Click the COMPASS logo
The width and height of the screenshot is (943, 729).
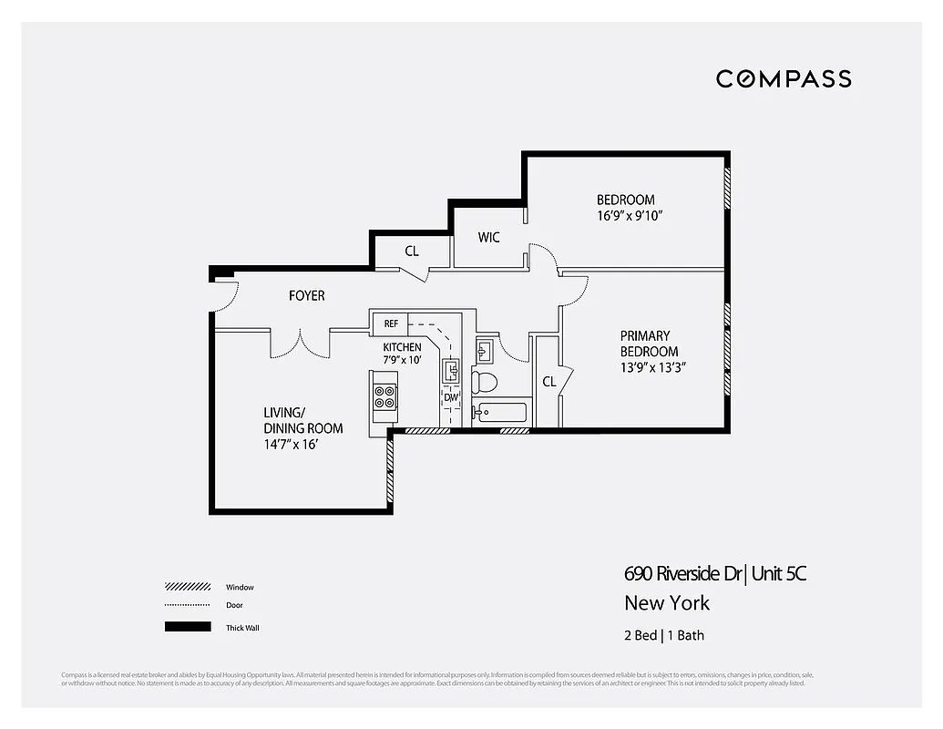coord(784,78)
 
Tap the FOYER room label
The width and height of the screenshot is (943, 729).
coord(306,296)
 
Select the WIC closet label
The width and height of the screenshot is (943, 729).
coord(489,238)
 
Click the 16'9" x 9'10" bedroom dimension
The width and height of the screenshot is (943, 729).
coord(629,216)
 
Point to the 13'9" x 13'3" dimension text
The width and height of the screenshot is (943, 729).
coord(652,367)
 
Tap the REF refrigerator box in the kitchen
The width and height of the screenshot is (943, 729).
coord(390,323)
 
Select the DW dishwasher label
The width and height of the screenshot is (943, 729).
coord(451,398)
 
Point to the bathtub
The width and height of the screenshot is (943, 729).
coord(500,413)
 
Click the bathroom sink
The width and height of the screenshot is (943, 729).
coord(485,350)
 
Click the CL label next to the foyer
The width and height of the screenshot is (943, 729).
coord(412,251)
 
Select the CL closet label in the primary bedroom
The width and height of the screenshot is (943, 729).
coord(548,382)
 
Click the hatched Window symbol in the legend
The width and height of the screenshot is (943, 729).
coord(188,587)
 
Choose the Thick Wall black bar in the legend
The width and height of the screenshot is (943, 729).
coord(188,627)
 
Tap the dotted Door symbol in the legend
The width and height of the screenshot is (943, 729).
coord(188,606)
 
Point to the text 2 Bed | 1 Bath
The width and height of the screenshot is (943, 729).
coord(664,635)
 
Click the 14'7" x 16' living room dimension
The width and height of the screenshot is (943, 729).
coord(291,446)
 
